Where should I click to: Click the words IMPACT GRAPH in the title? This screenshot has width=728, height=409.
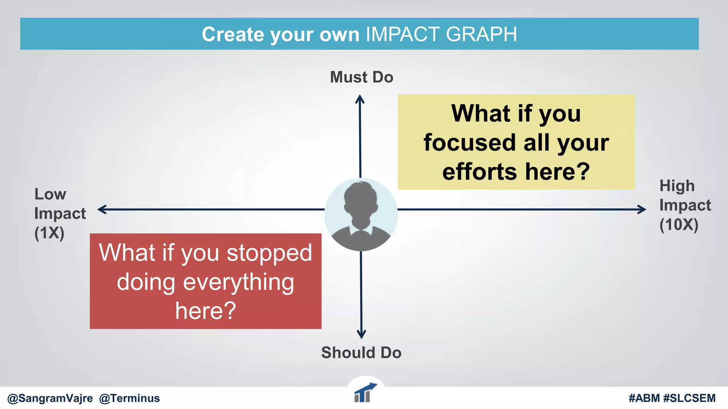(x=441, y=34)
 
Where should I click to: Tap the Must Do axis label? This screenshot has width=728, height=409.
(x=362, y=77)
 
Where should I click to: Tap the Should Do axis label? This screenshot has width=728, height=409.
(x=361, y=353)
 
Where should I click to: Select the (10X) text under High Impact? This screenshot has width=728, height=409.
(x=679, y=225)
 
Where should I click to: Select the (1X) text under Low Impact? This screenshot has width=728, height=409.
(x=49, y=233)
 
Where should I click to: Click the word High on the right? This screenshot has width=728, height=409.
(x=677, y=186)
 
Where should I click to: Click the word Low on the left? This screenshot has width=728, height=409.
(x=50, y=194)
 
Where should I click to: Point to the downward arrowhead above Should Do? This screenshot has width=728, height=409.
(x=361, y=334)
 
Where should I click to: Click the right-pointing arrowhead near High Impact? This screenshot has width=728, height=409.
(x=642, y=209)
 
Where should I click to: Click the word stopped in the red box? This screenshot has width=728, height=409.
(x=269, y=253)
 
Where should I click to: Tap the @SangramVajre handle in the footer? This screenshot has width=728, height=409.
(x=50, y=398)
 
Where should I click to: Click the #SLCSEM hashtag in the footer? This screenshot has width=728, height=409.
(x=689, y=398)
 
